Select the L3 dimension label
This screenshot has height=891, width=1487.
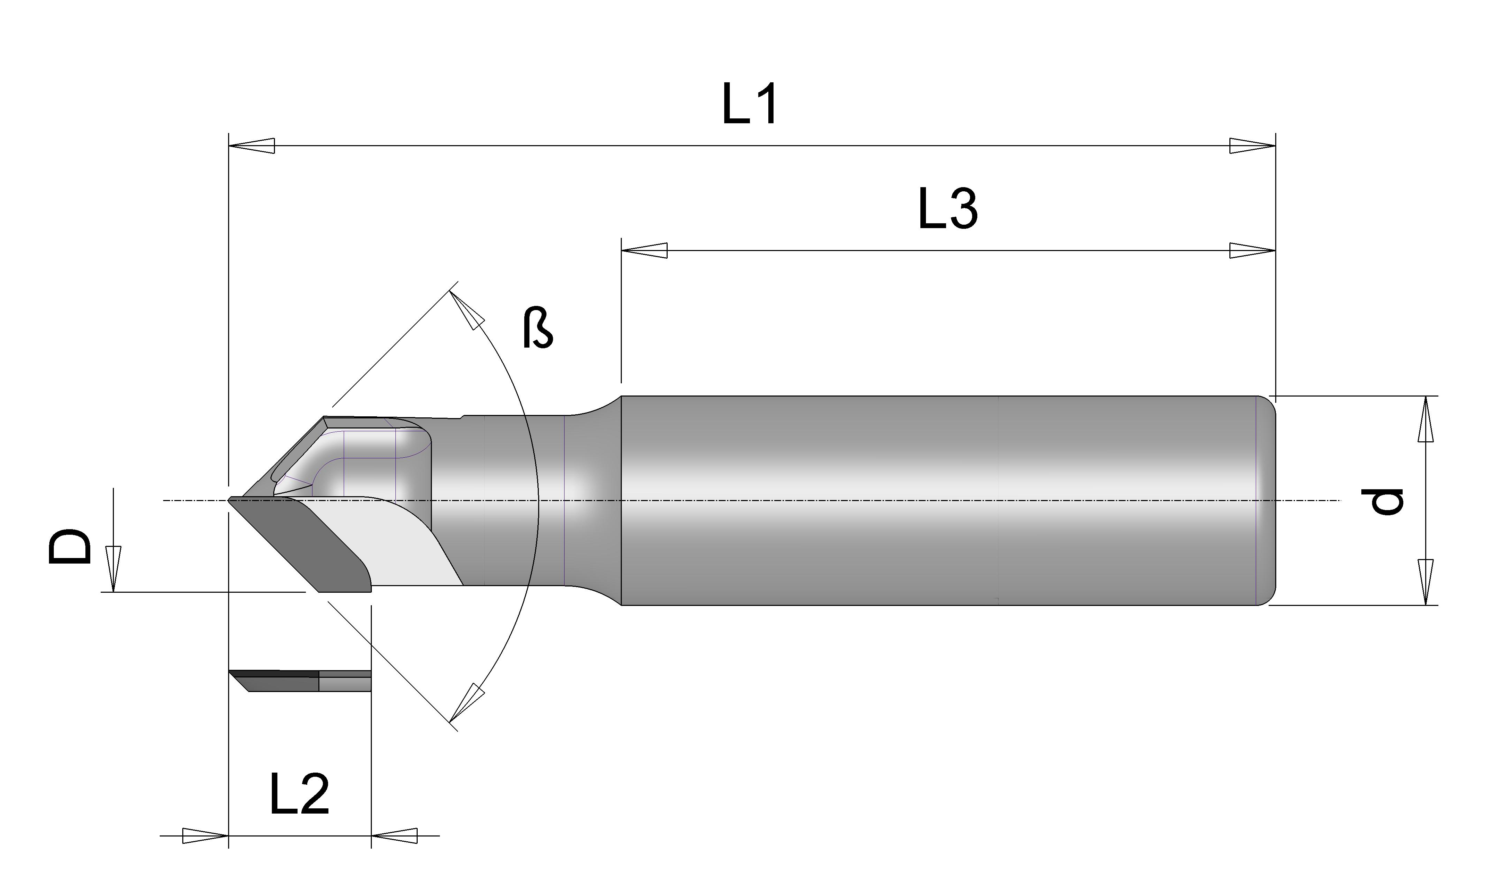click(x=948, y=209)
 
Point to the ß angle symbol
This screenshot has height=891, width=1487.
click(x=537, y=328)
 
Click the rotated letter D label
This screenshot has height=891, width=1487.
click(x=70, y=546)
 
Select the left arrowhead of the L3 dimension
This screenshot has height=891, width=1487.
click(x=644, y=250)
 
